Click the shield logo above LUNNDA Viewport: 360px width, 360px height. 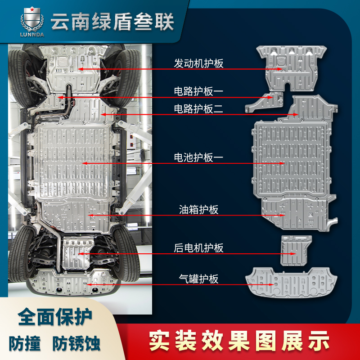click(x=32, y=19)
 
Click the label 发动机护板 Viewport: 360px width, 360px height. click(x=198, y=63)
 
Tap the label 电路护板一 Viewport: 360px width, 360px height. click(x=198, y=91)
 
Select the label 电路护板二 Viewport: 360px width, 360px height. click(x=198, y=108)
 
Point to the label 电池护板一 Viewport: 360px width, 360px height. click(x=198, y=157)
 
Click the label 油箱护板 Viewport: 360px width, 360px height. click(x=198, y=210)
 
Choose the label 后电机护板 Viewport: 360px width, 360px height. click(x=198, y=248)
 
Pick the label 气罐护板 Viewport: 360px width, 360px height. click(x=198, y=279)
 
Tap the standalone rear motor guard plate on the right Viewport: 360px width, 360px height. click(x=295, y=250)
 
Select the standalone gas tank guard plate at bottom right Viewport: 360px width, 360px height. click(x=291, y=283)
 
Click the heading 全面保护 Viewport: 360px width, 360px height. click(x=55, y=317)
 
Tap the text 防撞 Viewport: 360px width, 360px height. click(x=25, y=343)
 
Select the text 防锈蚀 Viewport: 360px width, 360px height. click(x=76, y=343)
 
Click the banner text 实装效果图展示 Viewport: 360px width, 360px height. click(x=239, y=341)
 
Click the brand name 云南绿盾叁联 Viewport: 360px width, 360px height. click(x=112, y=22)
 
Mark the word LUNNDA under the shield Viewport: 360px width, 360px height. click(x=32, y=35)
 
